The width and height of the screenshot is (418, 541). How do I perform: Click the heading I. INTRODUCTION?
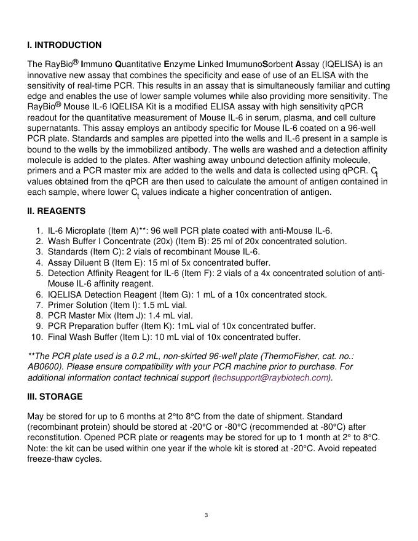click(65, 45)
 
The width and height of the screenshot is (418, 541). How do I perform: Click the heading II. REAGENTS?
click(57, 211)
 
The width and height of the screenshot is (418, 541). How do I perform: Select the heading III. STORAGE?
click(55, 397)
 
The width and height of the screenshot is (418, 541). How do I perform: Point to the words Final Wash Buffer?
click(80, 337)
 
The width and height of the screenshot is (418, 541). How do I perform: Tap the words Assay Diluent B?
click(79, 263)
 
